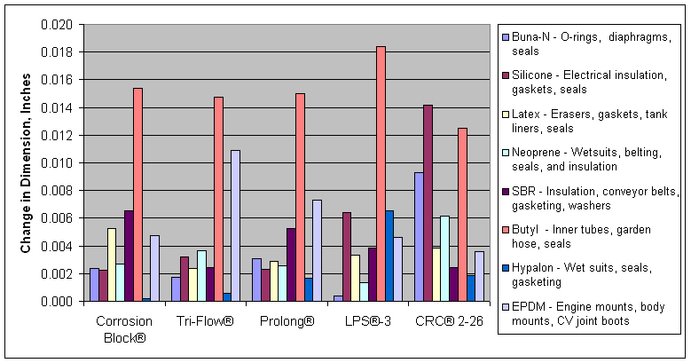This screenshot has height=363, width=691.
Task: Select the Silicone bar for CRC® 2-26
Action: click(x=428, y=203)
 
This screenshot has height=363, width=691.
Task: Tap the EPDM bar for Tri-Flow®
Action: click(x=235, y=225)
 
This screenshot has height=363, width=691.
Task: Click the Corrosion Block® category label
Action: click(x=122, y=328)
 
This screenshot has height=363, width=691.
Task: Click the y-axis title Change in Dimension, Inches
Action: click(x=26, y=162)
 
